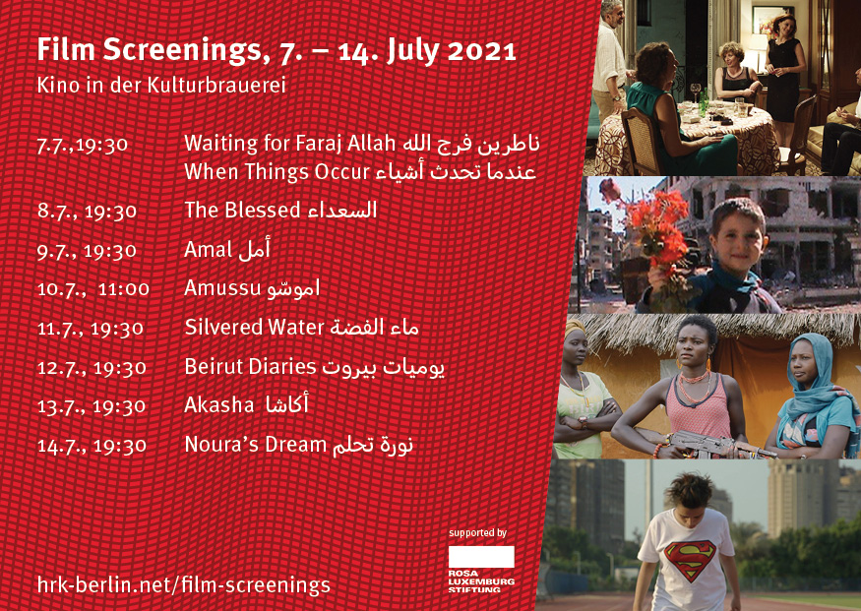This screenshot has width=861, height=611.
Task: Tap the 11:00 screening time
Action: click(124, 289)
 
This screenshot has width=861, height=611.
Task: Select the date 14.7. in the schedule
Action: click(61, 446)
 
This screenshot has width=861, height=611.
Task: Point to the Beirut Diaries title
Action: click(250, 367)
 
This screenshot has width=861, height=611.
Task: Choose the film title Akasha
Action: click(219, 405)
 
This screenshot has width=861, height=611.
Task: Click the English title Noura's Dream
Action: click(255, 444)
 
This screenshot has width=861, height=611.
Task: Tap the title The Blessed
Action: click(242, 211)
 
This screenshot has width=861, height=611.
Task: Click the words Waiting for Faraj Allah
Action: click(290, 144)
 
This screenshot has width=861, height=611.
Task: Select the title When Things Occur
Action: click(277, 172)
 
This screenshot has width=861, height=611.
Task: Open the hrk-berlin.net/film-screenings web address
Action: click(183, 585)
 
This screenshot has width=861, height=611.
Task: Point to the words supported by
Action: click(477, 533)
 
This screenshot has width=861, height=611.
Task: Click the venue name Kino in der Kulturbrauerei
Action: click(161, 85)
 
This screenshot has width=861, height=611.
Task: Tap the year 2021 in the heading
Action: click(482, 51)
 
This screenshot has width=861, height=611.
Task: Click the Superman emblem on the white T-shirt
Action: click(690, 558)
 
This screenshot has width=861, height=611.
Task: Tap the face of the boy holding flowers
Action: click(739, 237)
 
